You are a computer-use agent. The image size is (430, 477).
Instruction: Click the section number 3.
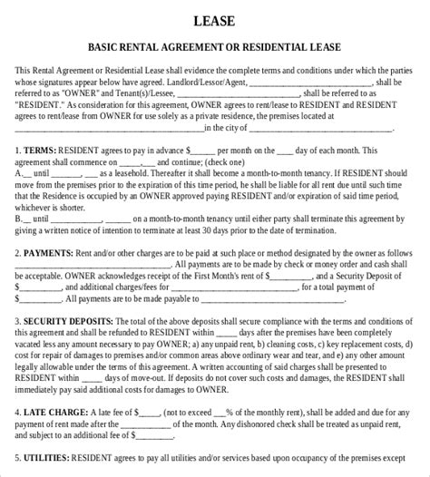(18, 322)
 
